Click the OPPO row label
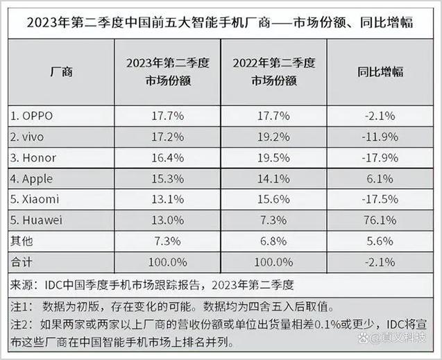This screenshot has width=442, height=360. (34, 114)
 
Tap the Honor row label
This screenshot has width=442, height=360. (35, 157)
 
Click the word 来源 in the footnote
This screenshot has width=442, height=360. (22, 284)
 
